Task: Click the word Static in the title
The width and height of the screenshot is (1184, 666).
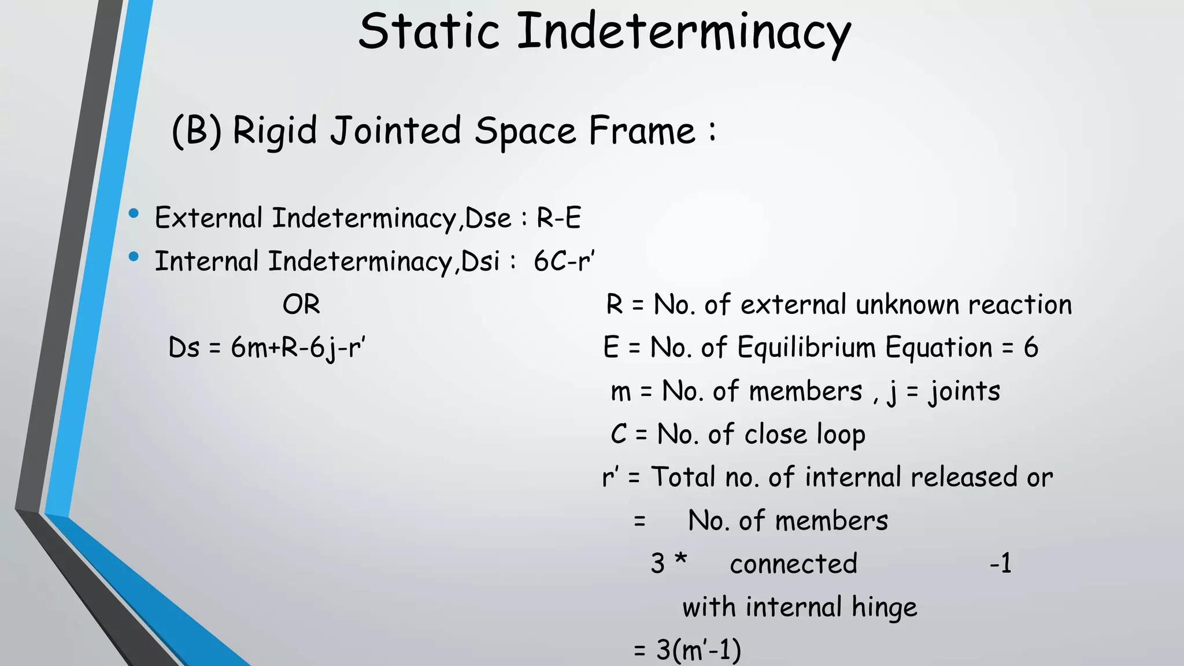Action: [x=428, y=31]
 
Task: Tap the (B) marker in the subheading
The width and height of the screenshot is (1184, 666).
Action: [x=197, y=131]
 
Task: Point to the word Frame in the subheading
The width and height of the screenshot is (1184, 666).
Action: [x=642, y=131]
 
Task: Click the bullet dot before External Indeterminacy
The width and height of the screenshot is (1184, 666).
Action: [x=134, y=214]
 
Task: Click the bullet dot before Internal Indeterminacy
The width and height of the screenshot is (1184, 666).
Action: [x=134, y=257]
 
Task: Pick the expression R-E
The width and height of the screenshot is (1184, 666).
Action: [x=558, y=219]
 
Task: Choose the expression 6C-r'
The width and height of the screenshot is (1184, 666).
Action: [x=564, y=261]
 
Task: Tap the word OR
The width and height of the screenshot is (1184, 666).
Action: [x=301, y=305]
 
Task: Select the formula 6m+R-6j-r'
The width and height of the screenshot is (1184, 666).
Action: [x=298, y=348]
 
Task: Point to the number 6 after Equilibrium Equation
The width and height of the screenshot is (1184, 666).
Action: [x=1031, y=348]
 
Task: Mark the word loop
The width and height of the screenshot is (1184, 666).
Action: [x=841, y=435]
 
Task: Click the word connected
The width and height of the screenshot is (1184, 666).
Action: [x=793, y=564]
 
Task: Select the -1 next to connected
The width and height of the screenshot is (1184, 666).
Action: [x=1001, y=564]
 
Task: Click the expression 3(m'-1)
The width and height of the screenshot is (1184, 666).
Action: [x=698, y=650]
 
